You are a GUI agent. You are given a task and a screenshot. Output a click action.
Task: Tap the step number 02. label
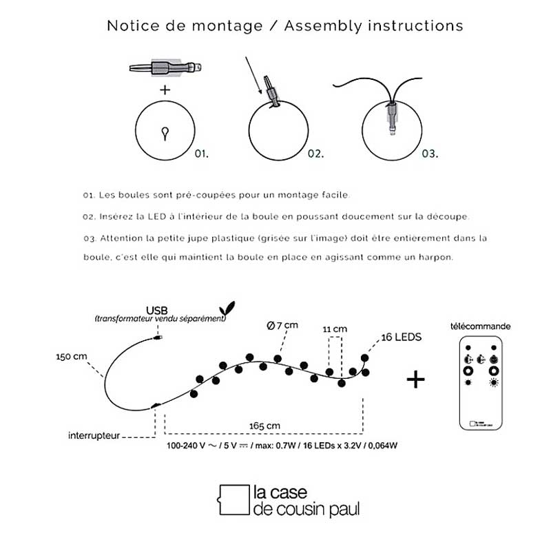(x=315, y=154)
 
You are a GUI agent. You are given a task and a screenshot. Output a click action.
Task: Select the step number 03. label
(x=430, y=154)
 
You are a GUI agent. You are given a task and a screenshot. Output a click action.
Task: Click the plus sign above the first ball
(x=165, y=90)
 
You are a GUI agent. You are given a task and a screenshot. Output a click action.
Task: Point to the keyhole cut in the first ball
(x=165, y=132)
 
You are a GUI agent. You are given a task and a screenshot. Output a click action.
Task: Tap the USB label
(x=156, y=310)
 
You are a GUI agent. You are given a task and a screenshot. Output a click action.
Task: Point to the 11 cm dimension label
(x=335, y=329)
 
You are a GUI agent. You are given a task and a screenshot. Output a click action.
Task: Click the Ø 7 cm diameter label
(x=282, y=324)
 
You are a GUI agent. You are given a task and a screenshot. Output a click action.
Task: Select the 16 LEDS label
(x=400, y=337)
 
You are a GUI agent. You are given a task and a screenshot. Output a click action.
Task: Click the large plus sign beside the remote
(x=415, y=380)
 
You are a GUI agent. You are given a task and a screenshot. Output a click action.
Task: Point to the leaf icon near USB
(x=224, y=309)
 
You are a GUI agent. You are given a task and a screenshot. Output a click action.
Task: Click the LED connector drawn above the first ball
(x=166, y=68)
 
